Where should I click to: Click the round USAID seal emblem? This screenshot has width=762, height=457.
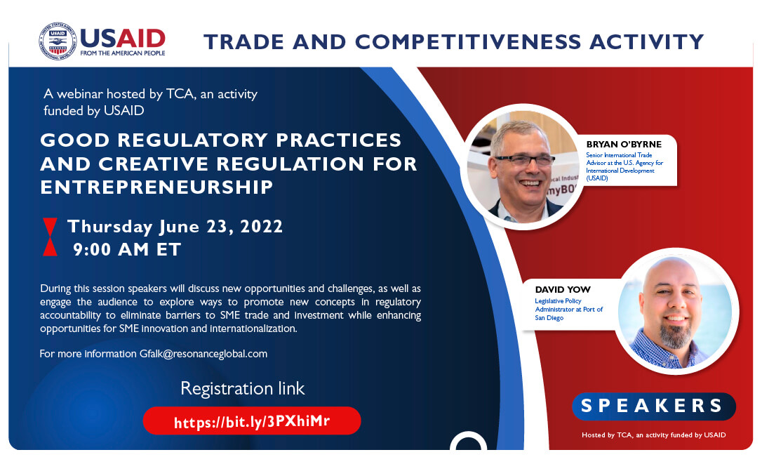(x=58, y=41)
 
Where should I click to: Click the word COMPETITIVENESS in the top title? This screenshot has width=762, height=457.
(x=468, y=41)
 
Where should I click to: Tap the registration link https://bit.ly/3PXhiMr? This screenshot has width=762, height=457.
(x=252, y=421)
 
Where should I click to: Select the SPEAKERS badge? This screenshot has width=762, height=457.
(x=654, y=406)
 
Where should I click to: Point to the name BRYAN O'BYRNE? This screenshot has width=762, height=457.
(x=624, y=145)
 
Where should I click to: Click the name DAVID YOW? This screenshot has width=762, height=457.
(x=563, y=290)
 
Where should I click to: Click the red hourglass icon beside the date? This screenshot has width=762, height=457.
(x=50, y=237)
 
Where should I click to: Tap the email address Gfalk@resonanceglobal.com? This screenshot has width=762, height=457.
(x=203, y=354)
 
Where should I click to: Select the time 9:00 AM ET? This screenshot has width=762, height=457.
(x=127, y=249)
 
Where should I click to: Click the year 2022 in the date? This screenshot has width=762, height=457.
(x=262, y=227)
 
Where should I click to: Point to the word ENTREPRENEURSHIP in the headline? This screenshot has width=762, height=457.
(x=156, y=187)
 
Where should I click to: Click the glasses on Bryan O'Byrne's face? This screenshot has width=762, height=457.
(x=524, y=160)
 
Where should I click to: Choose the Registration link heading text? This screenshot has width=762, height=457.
(x=243, y=388)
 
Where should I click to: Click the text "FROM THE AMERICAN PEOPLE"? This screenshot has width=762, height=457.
(x=123, y=53)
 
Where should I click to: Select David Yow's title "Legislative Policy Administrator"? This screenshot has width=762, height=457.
(x=568, y=305)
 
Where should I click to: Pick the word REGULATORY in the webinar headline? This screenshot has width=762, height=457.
(x=192, y=140)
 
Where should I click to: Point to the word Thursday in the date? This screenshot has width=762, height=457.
(x=110, y=227)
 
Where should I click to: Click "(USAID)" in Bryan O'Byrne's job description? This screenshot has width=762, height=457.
(x=597, y=178)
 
